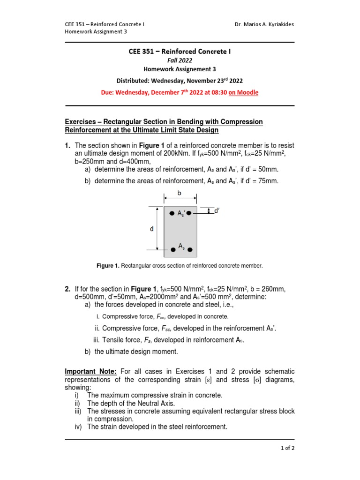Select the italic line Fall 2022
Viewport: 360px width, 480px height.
(180, 60)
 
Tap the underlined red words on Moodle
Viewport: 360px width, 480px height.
(243, 92)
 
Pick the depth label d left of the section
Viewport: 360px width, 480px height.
(151, 229)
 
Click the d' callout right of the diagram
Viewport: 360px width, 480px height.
(217, 211)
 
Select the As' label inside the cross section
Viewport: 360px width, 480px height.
(181, 213)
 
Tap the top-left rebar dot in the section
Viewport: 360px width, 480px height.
(172, 212)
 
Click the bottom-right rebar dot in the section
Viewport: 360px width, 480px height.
(190, 249)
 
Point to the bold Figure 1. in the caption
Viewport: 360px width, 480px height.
(108, 266)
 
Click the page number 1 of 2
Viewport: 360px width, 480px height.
(286, 448)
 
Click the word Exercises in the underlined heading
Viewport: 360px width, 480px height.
(82, 122)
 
